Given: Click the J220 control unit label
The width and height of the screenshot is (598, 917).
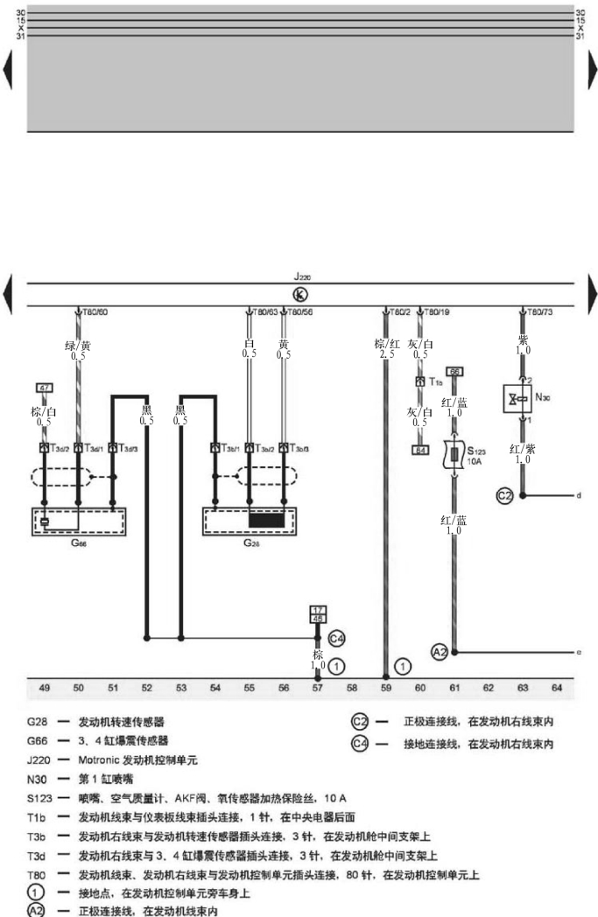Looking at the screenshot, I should (302, 278).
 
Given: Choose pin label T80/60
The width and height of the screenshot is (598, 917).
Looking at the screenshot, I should (95, 311).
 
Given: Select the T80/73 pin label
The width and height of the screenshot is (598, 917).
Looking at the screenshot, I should (538, 311).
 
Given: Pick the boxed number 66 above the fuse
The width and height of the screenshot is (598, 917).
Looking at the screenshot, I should (454, 372).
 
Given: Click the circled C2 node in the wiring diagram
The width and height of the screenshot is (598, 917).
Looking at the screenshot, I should (505, 495).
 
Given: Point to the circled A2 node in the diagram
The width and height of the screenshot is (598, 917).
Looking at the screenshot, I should (440, 652).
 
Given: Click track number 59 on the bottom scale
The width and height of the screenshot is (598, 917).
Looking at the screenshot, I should (386, 689).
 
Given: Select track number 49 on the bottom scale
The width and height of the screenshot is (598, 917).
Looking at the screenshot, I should (45, 689).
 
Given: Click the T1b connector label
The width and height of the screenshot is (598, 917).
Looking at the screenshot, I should (434, 381).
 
